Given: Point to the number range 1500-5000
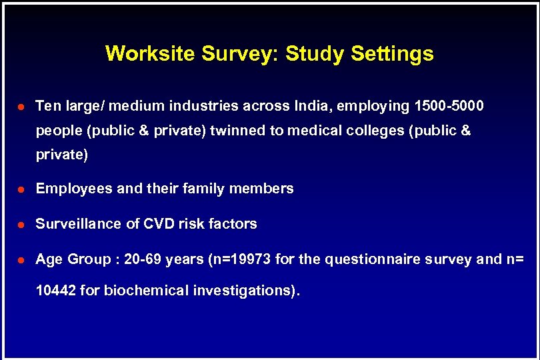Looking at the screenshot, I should (449, 106).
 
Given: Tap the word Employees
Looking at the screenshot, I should (74, 189).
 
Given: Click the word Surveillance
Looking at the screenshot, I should (79, 224).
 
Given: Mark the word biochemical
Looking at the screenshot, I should (139, 291).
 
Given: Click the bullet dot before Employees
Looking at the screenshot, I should (22, 189).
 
